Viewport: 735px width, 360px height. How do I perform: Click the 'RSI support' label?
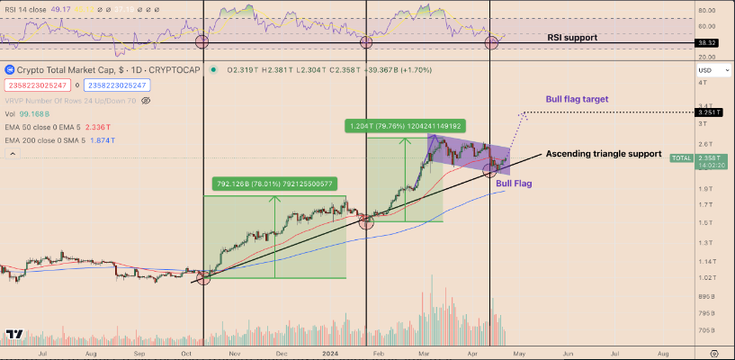[580, 39]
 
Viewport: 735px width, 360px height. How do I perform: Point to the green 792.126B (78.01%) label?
[274, 184]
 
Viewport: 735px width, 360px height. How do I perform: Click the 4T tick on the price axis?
[702, 83]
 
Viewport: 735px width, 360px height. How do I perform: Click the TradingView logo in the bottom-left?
[14, 335]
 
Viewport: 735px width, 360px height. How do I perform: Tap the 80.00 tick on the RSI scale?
[706, 10]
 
